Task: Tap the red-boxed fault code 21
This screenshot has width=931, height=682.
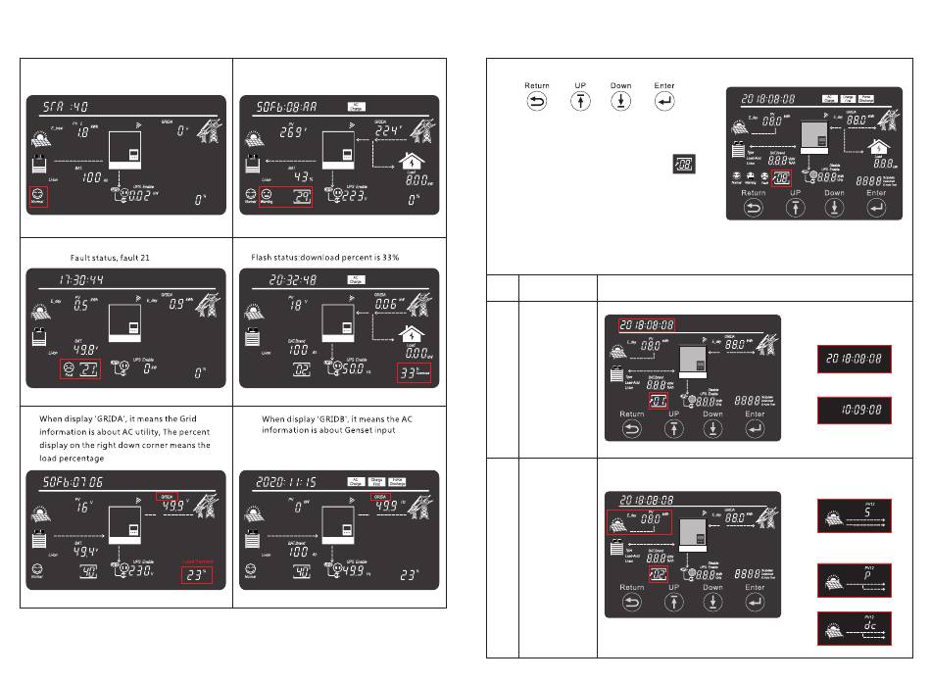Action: click(x=78, y=368)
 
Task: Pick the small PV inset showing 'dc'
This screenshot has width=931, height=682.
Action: click(x=854, y=629)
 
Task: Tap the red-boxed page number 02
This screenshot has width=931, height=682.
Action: click(x=658, y=572)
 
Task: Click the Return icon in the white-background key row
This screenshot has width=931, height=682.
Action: click(x=536, y=102)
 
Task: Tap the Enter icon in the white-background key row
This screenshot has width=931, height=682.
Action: click(x=663, y=102)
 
